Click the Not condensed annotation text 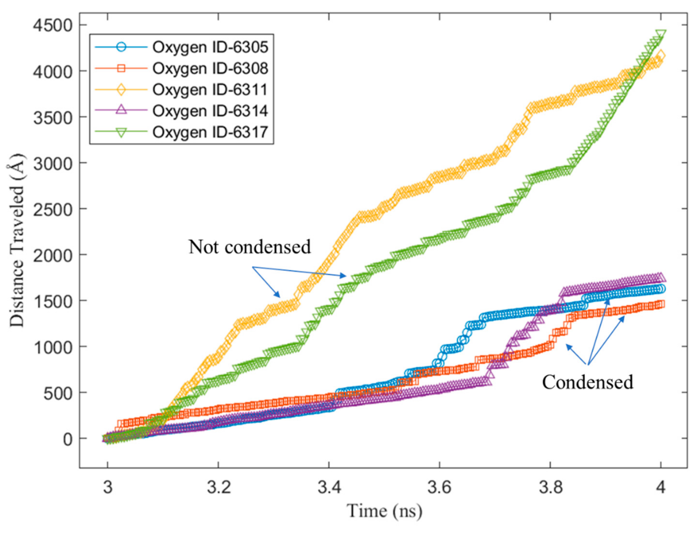coord(249,247)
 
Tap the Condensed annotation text coord(587,381)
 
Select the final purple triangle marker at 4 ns coord(660,276)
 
